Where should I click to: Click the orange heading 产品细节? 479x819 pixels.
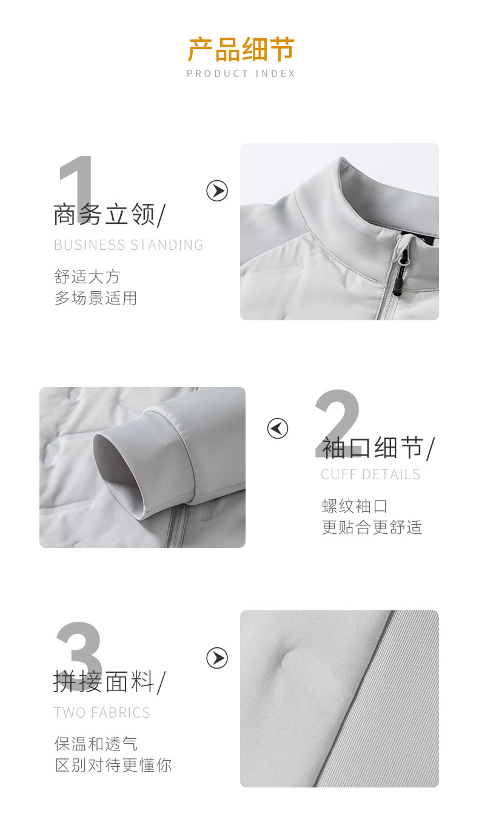pyautogui.click(x=241, y=50)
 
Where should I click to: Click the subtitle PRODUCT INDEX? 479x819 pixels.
pyautogui.click(x=241, y=74)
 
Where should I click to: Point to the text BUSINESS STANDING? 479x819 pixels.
pyautogui.click(x=129, y=245)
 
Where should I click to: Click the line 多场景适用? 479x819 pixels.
pyautogui.click(x=96, y=298)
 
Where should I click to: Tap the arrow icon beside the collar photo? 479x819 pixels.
pyautogui.click(x=217, y=191)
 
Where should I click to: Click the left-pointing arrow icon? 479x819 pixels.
pyautogui.click(x=278, y=429)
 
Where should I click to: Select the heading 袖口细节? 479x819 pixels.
pyautogui.click(x=378, y=449)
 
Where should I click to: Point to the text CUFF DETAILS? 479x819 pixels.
pyautogui.click(x=370, y=474)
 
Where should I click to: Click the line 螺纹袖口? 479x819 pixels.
pyautogui.click(x=355, y=506)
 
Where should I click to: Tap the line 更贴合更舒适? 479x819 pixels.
pyautogui.click(x=372, y=527)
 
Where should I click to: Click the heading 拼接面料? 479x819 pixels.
pyautogui.click(x=109, y=682)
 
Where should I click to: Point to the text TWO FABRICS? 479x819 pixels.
pyautogui.click(x=102, y=713)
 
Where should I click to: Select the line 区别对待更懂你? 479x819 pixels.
pyautogui.click(x=113, y=765)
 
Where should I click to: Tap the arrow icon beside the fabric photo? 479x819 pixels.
pyautogui.click(x=217, y=658)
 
